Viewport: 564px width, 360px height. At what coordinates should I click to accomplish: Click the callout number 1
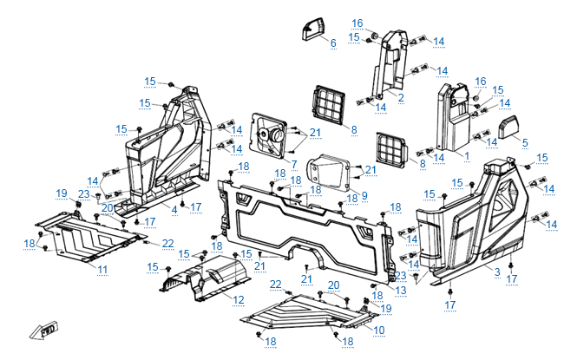467,157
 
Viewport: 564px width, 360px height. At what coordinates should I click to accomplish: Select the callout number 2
401,98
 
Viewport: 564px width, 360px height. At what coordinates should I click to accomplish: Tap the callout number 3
497,272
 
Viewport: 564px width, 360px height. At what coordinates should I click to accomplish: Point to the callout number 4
174,209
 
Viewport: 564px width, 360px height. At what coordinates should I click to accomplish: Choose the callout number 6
332,43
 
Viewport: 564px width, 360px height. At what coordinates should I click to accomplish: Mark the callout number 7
294,164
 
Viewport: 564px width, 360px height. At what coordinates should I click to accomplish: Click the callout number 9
364,194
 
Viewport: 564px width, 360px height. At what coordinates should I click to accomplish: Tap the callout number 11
102,270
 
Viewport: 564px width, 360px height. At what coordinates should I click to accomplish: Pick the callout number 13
400,290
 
